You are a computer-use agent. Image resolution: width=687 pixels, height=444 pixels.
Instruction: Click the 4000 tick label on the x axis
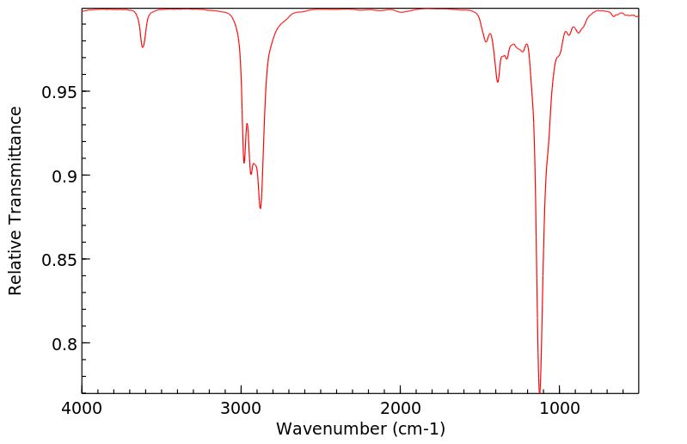(x=82, y=410)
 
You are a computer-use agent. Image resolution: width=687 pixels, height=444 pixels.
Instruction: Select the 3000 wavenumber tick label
(x=241, y=410)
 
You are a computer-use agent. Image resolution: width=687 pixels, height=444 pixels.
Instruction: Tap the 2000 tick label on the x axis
(x=401, y=410)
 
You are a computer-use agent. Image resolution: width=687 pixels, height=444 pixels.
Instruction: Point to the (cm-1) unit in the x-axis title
(x=416, y=429)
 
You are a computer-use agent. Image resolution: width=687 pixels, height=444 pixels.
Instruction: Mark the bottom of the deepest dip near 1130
(x=539, y=392)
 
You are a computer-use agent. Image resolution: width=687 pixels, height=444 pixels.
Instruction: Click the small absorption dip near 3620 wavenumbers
(x=143, y=47)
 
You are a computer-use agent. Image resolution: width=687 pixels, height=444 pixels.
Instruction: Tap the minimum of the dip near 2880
(x=260, y=208)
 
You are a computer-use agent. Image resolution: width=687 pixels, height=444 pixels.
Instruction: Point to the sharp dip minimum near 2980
(x=244, y=163)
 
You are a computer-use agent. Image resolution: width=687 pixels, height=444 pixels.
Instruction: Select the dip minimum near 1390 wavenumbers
(x=497, y=82)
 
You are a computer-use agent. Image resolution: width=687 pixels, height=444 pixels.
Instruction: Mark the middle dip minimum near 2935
(x=251, y=175)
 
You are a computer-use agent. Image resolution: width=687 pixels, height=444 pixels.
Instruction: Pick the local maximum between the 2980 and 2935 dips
(x=247, y=124)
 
